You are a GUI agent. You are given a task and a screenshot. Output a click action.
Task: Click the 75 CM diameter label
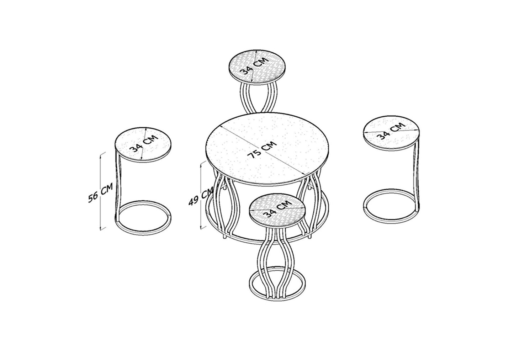[x=262, y=150]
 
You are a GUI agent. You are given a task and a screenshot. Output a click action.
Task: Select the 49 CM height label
[x=201, y=197]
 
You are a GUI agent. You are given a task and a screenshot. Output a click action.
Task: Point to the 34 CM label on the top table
[x=254, y=66]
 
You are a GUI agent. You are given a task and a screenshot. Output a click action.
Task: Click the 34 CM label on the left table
[x=144, y=144]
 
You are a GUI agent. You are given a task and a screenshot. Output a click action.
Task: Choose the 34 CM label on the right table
[x=391, y=131]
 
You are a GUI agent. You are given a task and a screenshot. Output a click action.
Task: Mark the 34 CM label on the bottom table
[x=278, y=209]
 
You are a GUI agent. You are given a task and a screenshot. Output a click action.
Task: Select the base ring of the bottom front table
[x=277, y=298]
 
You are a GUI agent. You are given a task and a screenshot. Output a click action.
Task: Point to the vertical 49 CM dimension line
[x=201, y=195]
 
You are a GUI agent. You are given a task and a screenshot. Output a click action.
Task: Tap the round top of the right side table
[x=391, y=133]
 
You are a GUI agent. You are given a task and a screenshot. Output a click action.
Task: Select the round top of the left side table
[x=143, y=145]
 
